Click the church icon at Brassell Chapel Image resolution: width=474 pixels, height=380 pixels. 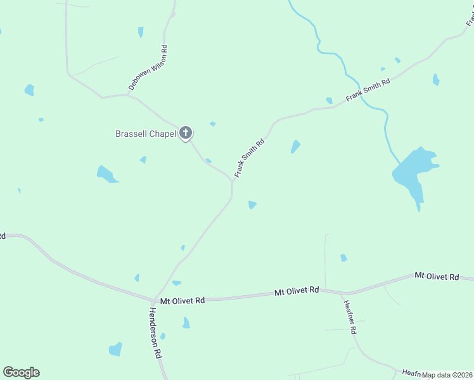pos(186,132)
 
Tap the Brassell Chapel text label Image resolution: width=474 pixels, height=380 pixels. pos(145,134)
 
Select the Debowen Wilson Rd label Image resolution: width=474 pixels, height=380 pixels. pos(147,70)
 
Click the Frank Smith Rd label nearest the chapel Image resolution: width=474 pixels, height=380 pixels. pos(248,158)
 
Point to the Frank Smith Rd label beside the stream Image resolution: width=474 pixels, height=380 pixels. pos(368,90)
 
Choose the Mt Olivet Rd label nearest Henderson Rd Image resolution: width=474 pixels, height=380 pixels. pos(183,301)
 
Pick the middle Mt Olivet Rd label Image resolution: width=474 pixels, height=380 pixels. pos(297,291)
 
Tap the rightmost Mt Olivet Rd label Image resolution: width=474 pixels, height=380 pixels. pos(437,276)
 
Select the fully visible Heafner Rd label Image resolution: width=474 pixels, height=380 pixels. pos(350,317)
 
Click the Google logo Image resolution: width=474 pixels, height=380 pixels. pos(21,372)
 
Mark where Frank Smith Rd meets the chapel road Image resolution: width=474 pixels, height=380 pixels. pos(233,180)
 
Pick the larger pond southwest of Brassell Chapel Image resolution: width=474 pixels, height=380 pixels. pos(106,174)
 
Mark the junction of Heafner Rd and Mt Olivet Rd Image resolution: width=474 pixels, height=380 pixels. pos(345,293)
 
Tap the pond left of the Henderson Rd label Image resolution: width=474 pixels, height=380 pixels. pos(115,349)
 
